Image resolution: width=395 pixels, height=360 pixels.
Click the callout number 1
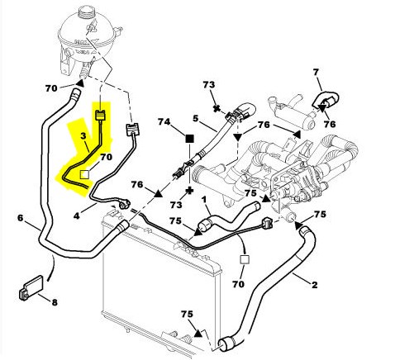pyautogui.click(x=204, y=199)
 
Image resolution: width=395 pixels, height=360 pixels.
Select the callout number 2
pyautogui.click(x=314, y=285)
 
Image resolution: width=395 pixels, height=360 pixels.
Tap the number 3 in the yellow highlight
pyautogui.click(x=83, y=135)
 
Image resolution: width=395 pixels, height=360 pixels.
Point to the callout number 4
pyautogui.click(x=77, y=216)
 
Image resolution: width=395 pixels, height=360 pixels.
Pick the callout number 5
pyautogui.click(x=195, y=118)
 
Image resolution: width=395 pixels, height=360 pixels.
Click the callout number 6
pyautogui.click(x=21, y=218)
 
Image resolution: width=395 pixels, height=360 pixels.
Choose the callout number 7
pyautogui.click(x=316, y=72)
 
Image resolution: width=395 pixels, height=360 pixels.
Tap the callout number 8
pyautogui.click(x=55, y=302)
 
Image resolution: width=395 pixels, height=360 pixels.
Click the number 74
pyautogui.click(x=164, y=121)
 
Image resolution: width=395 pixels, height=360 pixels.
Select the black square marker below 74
pyautogui.click(x=189, y=139)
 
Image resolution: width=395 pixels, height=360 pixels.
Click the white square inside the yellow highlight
pyautogui.click(x=84, y=174)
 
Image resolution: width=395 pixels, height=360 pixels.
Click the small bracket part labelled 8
pyautogui.click(x=31, y=287)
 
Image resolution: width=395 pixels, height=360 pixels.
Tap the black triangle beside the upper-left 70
pyautogui.click(x=80, y=83)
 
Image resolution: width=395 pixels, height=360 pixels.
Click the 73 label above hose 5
pyautogui.click(x=209, y=84)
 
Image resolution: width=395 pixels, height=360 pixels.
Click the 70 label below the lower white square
pyautogui.click(x=238, y=284)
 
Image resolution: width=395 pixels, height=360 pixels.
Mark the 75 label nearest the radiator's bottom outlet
pyautogui.click(x=187, y=314)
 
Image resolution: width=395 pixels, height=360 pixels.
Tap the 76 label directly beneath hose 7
pyautogui.click(x=330, y=125)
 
